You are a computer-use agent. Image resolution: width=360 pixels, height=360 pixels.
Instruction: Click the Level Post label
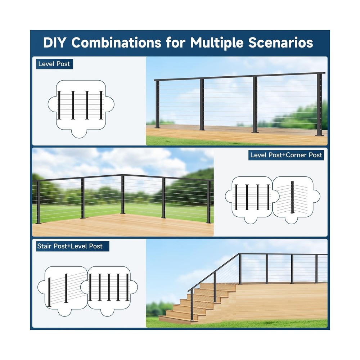coord(54,64)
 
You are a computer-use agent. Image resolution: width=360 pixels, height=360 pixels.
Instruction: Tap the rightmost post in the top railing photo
coord(319,104)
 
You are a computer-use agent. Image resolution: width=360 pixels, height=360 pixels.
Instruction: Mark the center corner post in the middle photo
coord(123,194)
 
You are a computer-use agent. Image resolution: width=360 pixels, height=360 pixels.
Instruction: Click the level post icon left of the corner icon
coord(252,197)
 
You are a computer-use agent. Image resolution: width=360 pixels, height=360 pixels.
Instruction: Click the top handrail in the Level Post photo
coord(238,76)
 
